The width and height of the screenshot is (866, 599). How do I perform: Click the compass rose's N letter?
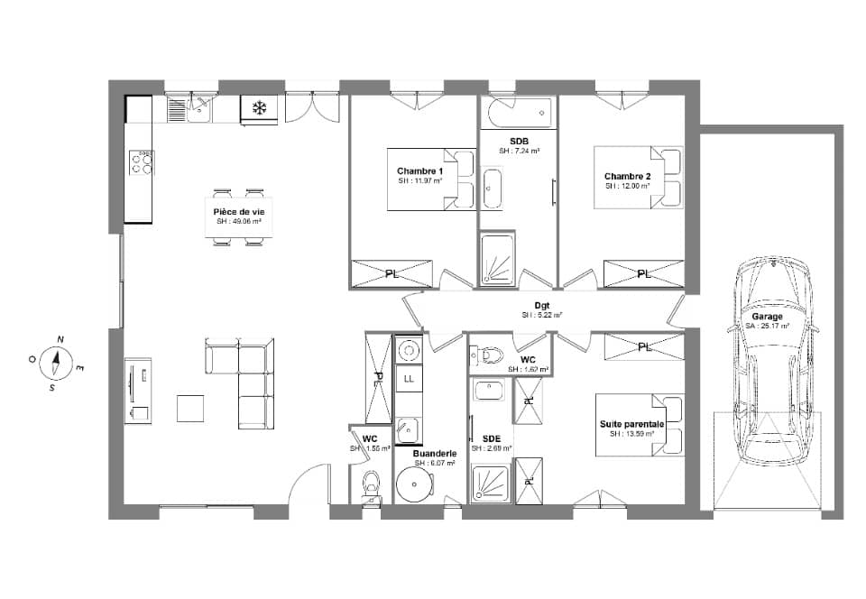tap(60, 339)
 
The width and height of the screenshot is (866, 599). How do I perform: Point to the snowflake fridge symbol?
tap(259, 109)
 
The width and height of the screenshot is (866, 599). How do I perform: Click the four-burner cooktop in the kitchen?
tap(143, 162)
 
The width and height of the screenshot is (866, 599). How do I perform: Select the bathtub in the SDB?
tap(518, 114)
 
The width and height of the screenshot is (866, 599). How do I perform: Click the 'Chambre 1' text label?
tap(420, 170)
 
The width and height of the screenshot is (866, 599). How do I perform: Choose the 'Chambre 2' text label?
tap(628, 176)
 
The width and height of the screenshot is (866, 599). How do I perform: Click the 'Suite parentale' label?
tap(631, 423)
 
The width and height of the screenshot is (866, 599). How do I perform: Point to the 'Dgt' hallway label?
tap(542, 306)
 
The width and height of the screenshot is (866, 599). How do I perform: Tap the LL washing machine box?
tap(409, 377)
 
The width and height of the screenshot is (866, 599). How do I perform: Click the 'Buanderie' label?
tap(434, 453)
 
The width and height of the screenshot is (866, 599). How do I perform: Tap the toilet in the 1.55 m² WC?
tap(370, 485)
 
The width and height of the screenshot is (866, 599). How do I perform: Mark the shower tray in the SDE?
tap(491, 484)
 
